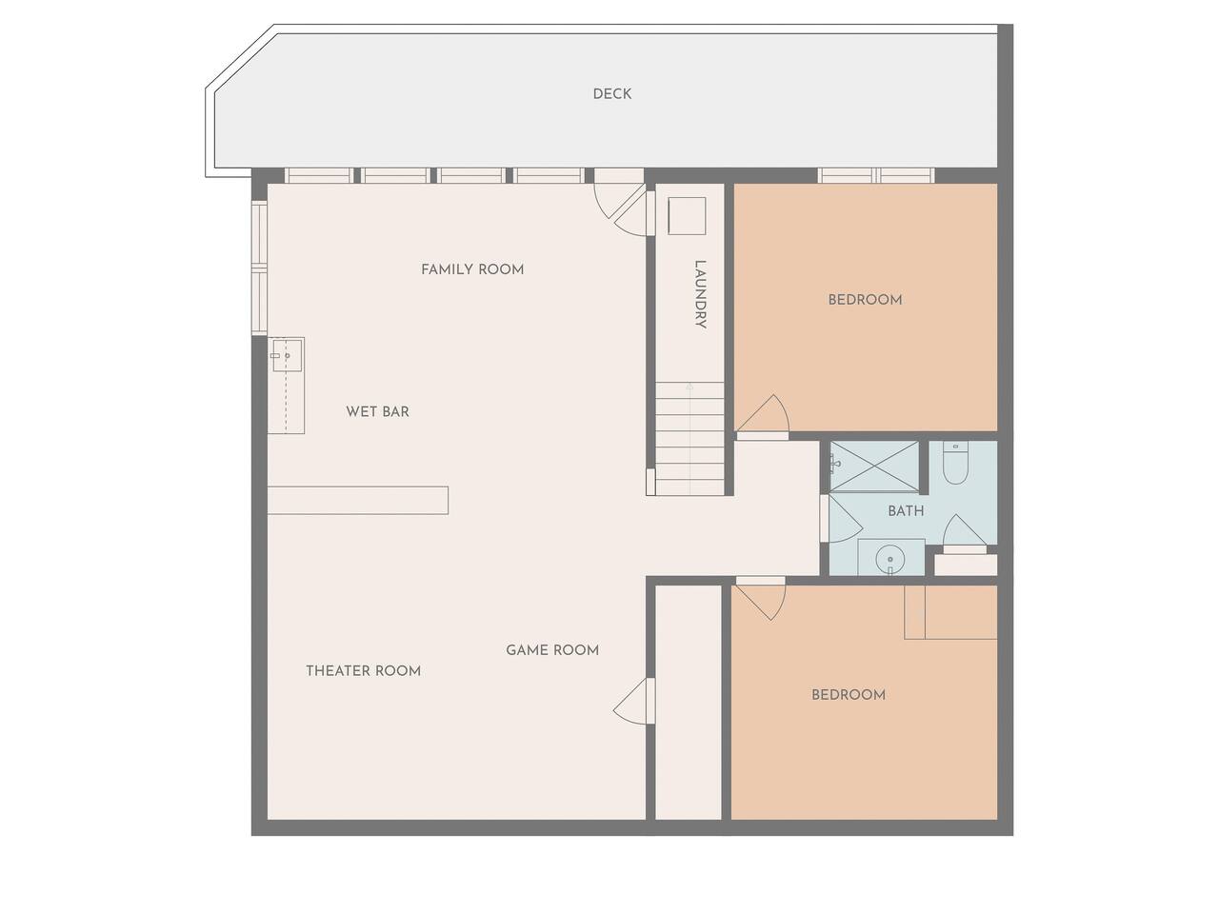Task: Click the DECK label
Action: pyautogui.click(x=611, y=94)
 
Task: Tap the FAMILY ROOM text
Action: pyautogui.click(x=472, y=269)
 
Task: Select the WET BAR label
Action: pyautogui.click(x=377, y=411)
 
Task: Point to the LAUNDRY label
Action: pyautogui.click(x=700, y=294)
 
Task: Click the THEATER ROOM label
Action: pyautogui.click(x=363, y=671)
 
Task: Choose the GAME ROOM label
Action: pyautogui.click(x=552, y=650)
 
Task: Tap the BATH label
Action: pyautogui.click(x=906, y=511)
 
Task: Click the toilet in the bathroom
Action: pyautogui.click(x=955, y=463)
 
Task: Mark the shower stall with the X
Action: pyautogui.click(x=874, y=467)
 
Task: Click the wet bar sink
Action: pyautogui.click(x=286, y=355)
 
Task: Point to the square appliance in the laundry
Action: pyautogui.click(x=687, y=216)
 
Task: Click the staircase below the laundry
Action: pyautogui.click(x=689, y=438)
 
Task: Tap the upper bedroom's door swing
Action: pyautogui.click(x=764, y=413)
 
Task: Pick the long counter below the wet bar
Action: pyautogui.click(x=358, y=501)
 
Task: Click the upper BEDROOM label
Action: pyautogui.click(x=865, y=300)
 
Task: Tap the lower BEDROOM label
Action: pyautogui.click(x=848, y=695)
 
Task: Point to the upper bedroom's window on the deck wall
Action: pyautogui.click(x=876, y=175)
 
